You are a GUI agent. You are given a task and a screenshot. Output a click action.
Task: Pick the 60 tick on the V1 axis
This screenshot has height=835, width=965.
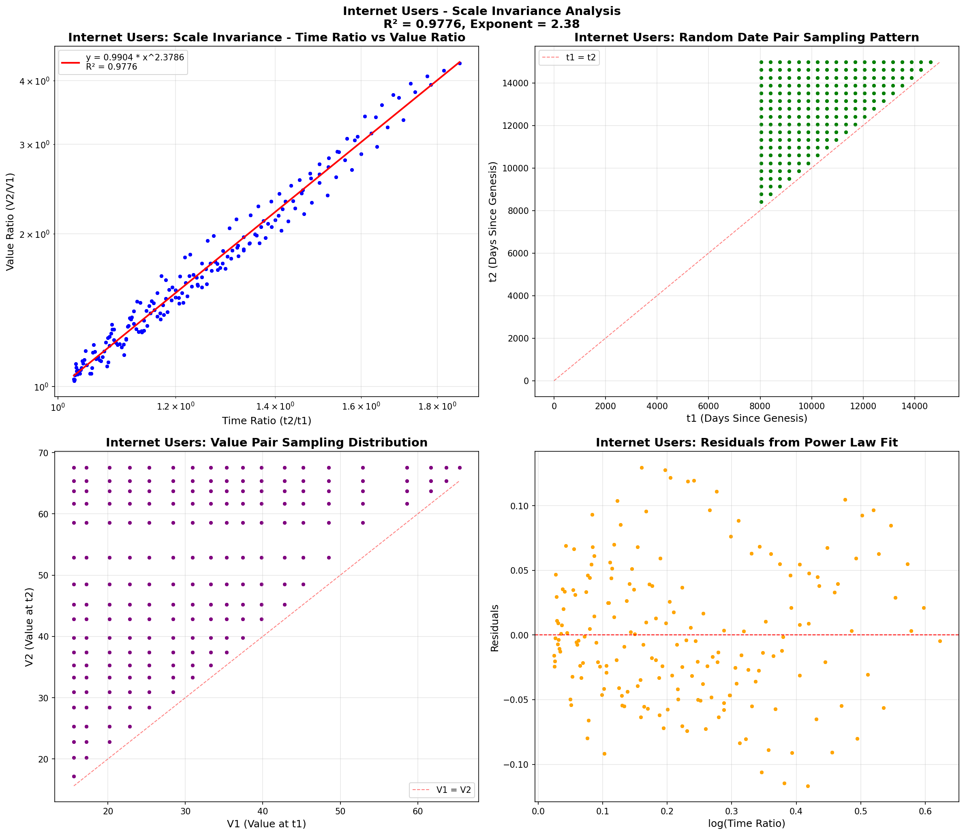[418, 811]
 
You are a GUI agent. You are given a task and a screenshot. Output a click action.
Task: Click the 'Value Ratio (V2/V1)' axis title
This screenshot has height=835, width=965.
[10, 222]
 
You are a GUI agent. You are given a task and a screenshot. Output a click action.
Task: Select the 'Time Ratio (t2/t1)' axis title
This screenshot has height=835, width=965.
[266, 421]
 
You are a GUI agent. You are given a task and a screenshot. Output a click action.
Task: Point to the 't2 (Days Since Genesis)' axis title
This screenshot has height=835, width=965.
[493, 222]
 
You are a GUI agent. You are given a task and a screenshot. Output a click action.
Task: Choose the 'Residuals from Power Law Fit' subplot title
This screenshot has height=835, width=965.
[747, 443]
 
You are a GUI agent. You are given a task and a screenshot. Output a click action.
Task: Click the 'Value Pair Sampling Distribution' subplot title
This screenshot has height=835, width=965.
[266, 443]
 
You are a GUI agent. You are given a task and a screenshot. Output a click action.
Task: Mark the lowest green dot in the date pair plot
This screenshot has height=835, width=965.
[761, 202]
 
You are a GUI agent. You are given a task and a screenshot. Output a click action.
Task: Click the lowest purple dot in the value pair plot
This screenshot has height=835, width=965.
[74, 776]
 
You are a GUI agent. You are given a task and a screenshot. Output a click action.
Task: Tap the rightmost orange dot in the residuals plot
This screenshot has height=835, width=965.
[940, 641]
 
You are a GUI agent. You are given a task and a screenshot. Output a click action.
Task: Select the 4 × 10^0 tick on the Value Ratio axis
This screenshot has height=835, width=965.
[35, 81]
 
